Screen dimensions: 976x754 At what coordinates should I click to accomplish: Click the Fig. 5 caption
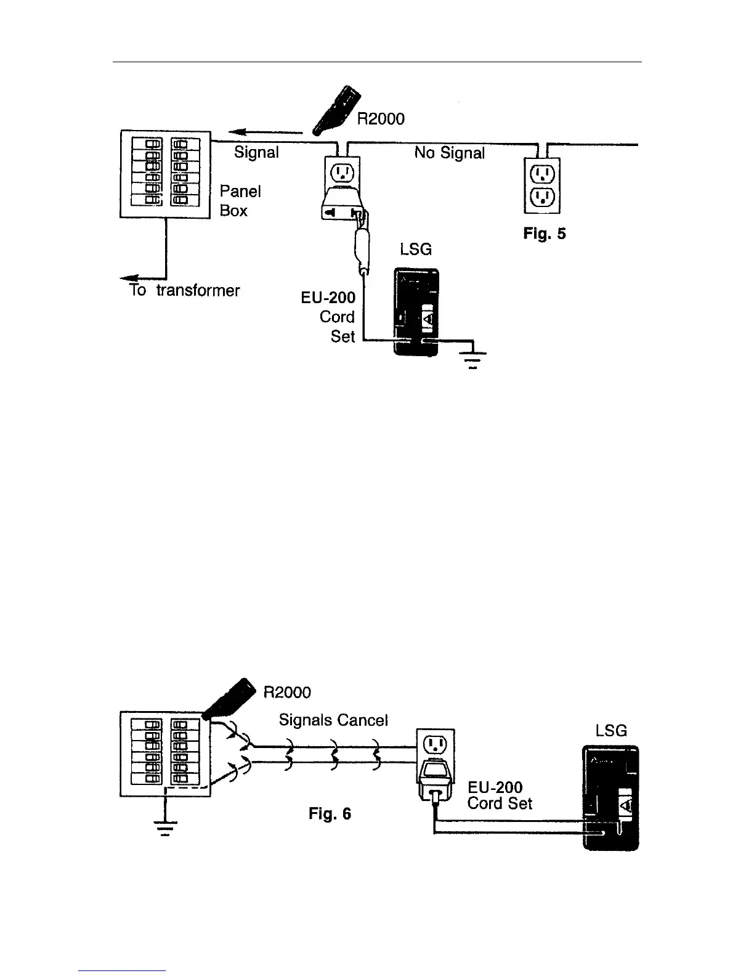(x=544, y=234)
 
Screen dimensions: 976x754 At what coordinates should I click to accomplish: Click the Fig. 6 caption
(x=330, y=814)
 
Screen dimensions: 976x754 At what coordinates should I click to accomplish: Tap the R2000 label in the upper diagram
(x=381, y=118)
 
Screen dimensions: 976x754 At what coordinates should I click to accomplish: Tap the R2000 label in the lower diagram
(x=287, y=692)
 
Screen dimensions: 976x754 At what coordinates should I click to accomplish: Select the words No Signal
(x=449, y=152)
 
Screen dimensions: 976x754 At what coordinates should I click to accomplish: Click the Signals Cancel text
(x=333, y=720)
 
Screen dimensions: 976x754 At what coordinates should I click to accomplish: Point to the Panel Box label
(x=240, y=201)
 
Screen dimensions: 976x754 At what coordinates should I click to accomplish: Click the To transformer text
(x=184, y=290)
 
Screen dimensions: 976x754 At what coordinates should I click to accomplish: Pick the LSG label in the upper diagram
(x=415, y=249)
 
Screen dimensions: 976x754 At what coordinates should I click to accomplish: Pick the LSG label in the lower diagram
(x=610, y=731)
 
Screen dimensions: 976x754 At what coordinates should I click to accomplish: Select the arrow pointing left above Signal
(x=265, y=131)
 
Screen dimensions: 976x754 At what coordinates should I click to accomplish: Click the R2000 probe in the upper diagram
(x=337, y=111)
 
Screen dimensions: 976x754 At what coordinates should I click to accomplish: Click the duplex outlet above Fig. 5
(x=542, y=186)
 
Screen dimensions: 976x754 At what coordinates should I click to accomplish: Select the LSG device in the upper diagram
(x=417, y=312)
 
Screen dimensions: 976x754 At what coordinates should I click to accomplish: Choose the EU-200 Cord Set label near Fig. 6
(x=499, y=795)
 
